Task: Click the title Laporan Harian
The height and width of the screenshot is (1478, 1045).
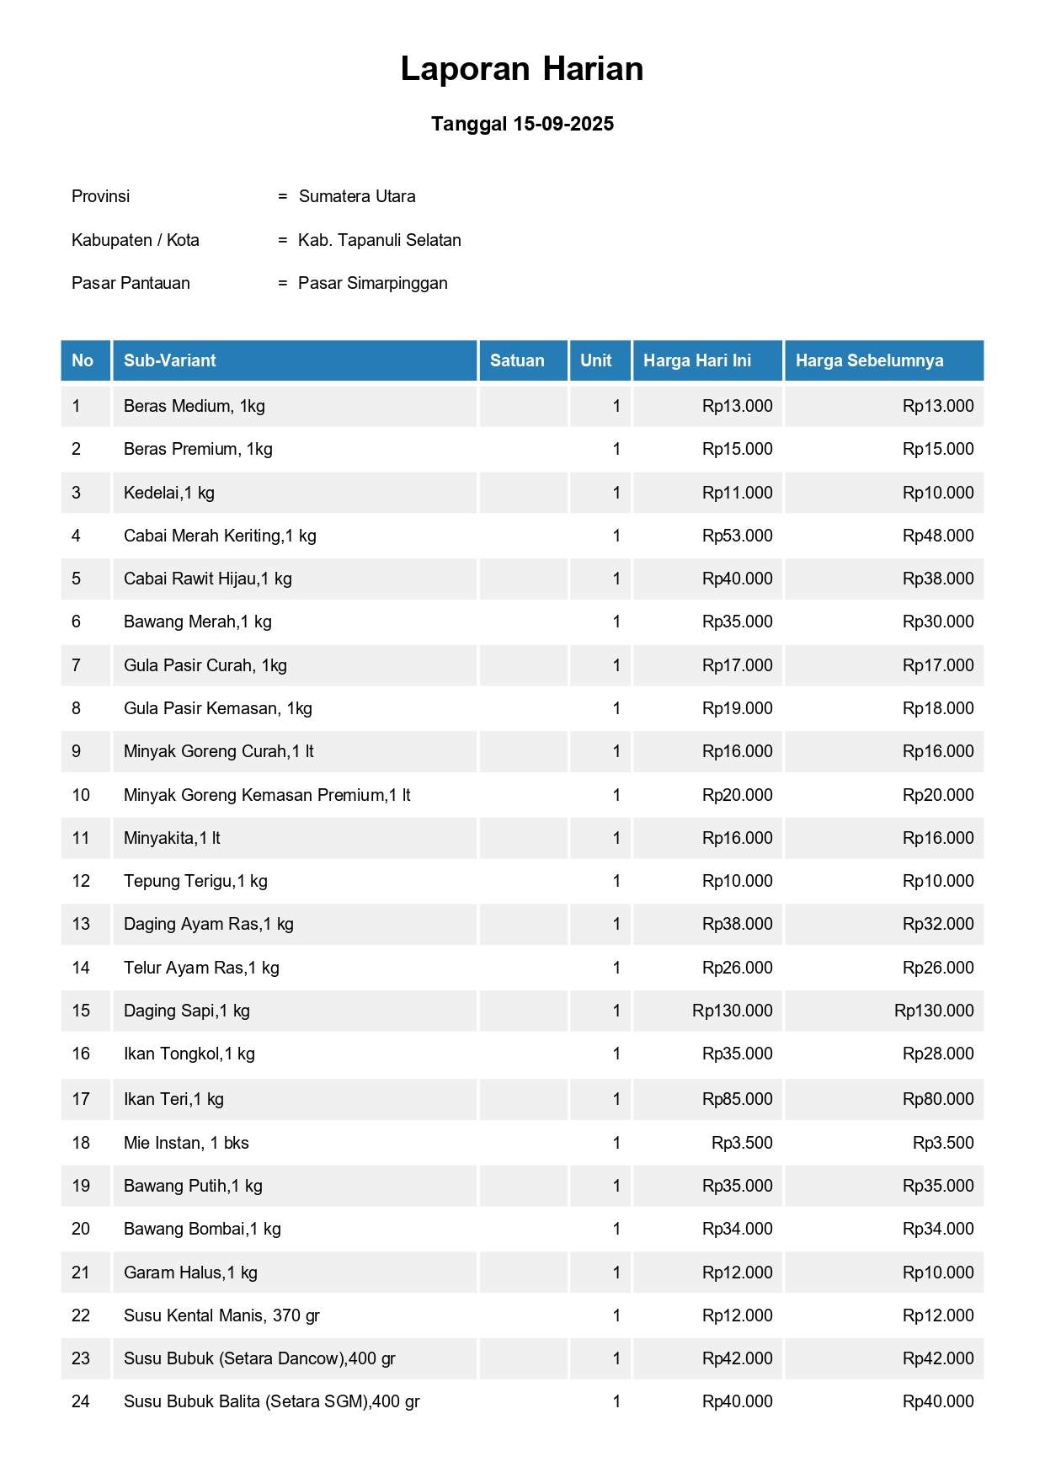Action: [522, 69]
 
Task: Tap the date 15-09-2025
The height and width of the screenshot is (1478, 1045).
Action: [562, 124]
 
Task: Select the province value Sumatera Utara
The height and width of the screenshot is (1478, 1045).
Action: [357, 196]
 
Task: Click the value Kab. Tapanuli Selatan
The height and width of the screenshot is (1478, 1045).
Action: [380, 240]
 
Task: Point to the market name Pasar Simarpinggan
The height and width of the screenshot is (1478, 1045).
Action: [373, 283]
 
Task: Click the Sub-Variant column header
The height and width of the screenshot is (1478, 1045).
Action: [170, 360]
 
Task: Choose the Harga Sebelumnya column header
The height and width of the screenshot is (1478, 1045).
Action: [869, 360]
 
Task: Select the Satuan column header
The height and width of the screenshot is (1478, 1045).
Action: [517, 360]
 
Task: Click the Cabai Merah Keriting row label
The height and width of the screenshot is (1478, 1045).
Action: [220, 536]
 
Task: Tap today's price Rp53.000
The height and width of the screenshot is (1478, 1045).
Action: [737, 536]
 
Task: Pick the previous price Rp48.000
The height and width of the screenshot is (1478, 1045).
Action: [937, 536]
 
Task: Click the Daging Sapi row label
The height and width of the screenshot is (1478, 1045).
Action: [187, 1011]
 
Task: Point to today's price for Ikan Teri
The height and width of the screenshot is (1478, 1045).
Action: [737, 1099]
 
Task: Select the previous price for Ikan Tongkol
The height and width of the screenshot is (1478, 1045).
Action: [937, 1054]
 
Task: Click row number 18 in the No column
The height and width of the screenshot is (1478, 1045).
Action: [81, 1143]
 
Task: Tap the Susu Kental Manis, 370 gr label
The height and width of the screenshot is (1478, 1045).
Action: [221, 1315]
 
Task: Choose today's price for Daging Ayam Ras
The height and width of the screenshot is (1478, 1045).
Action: [737, 924]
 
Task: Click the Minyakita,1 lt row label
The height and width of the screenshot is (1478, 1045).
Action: [172, 838]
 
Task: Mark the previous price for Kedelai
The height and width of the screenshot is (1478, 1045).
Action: [937, 493]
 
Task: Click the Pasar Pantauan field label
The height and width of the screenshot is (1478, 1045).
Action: [131, 283]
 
